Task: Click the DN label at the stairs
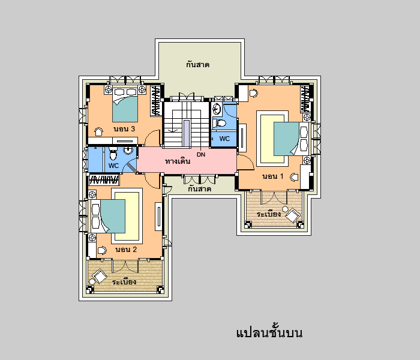[201, 155]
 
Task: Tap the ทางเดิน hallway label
[178, 161]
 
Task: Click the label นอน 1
[272, 176]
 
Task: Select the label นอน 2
[126, 250]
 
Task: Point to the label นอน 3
[124, 129]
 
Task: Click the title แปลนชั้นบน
[269, 332]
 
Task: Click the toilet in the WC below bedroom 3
[113, 153]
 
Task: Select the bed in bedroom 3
[125, 104]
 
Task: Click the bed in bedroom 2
[108, 216]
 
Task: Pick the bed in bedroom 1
[291, 139]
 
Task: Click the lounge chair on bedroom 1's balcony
[293, 215]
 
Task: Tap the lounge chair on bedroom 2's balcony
[100, 276]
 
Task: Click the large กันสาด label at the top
[197, 65]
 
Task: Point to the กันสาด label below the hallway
[199, 189]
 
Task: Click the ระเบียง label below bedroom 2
[124, 282]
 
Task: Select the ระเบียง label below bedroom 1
[268, 214]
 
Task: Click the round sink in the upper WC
[217, 109]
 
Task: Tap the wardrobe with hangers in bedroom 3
[156, 100]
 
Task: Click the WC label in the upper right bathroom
[224, 139]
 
